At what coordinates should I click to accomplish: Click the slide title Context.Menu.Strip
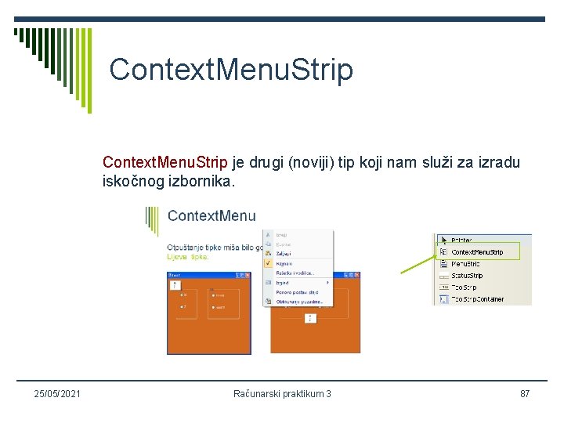[x=231, y=70]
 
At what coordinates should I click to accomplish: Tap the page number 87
[x=525, y=393]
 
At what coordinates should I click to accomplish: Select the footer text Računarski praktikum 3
[x=282, y=393]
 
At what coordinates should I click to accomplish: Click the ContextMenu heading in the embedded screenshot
[x=211, y=216]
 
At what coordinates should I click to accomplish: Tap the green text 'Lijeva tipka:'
[x=188, y=256]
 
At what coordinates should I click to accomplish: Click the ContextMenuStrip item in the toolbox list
[x=477, y=252]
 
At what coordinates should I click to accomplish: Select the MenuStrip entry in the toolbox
[x=467, y=264]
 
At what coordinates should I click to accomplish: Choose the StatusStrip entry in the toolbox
[x=468, y=276]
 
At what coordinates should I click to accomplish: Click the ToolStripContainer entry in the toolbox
[x=478, y=299]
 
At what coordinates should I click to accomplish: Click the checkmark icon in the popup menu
[x=268, y=263]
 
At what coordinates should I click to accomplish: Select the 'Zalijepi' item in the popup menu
[x=283, y=253]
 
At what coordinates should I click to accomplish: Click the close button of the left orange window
[x=248, y=275]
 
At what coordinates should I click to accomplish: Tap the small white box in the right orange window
[x=309, y=317]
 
